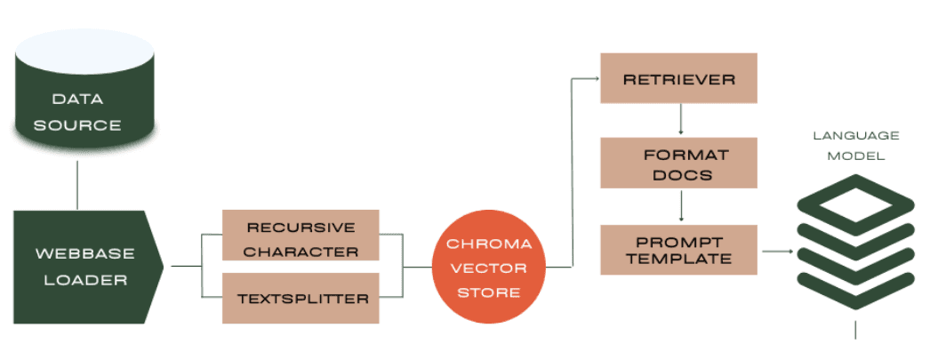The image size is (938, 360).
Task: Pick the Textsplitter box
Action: (301, 298)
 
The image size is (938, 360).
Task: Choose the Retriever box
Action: (678, 78)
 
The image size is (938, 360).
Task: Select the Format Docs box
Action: (678, 164)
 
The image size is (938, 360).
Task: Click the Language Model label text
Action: (855, 145)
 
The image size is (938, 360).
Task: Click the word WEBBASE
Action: (84, 253)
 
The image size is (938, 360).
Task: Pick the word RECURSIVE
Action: (301, 227)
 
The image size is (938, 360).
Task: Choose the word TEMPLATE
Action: (678, 259)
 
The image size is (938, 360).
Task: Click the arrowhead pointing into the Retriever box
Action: (595, 78)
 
